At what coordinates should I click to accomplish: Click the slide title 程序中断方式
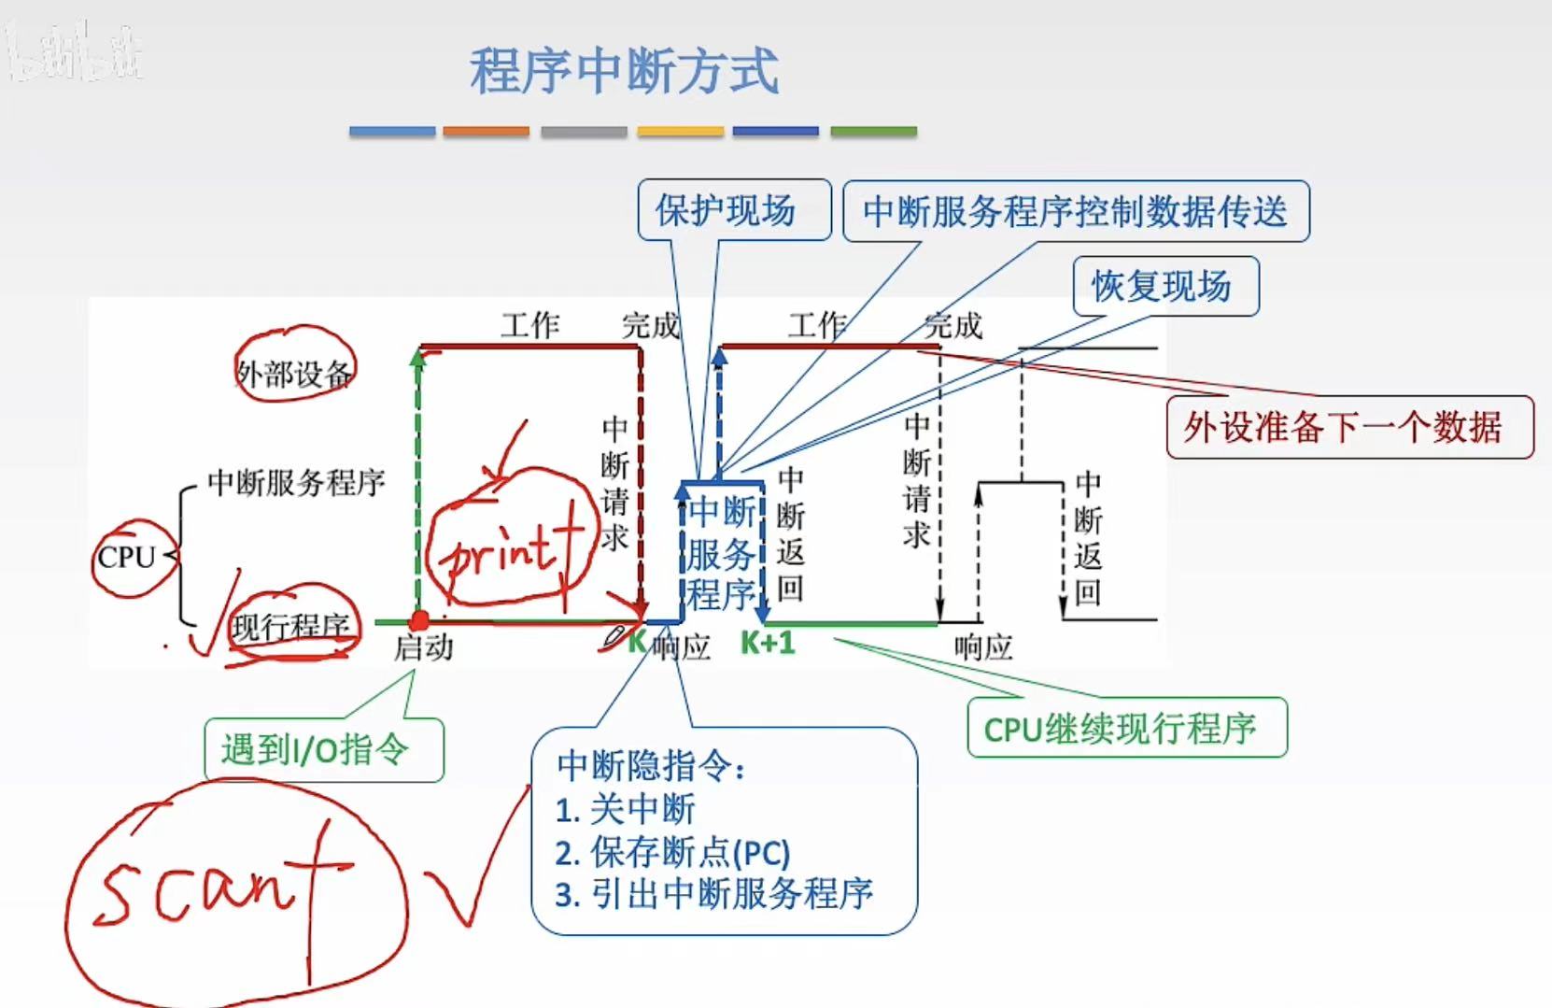click(624, 71)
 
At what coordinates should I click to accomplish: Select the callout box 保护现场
click(726, 210)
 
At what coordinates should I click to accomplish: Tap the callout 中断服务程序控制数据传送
click(1075, 212)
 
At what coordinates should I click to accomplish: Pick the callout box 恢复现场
click(1163, 286)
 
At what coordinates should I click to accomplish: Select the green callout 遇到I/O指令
click(316, 748)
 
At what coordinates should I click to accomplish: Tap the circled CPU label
click(127, 558)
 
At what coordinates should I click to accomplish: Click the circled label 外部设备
click(293, 374)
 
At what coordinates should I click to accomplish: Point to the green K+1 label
click(768, 644)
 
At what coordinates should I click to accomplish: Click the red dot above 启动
click(420, 620)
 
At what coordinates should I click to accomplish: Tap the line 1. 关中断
click(626, 809)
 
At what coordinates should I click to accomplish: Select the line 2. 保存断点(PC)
click(672, 852)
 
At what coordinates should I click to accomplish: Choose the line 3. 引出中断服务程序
click(714, 894)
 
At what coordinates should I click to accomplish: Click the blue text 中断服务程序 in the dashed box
click(721, 553)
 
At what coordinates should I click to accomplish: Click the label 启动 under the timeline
click(423, 647)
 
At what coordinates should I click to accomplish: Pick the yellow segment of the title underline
click(680, 133)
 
